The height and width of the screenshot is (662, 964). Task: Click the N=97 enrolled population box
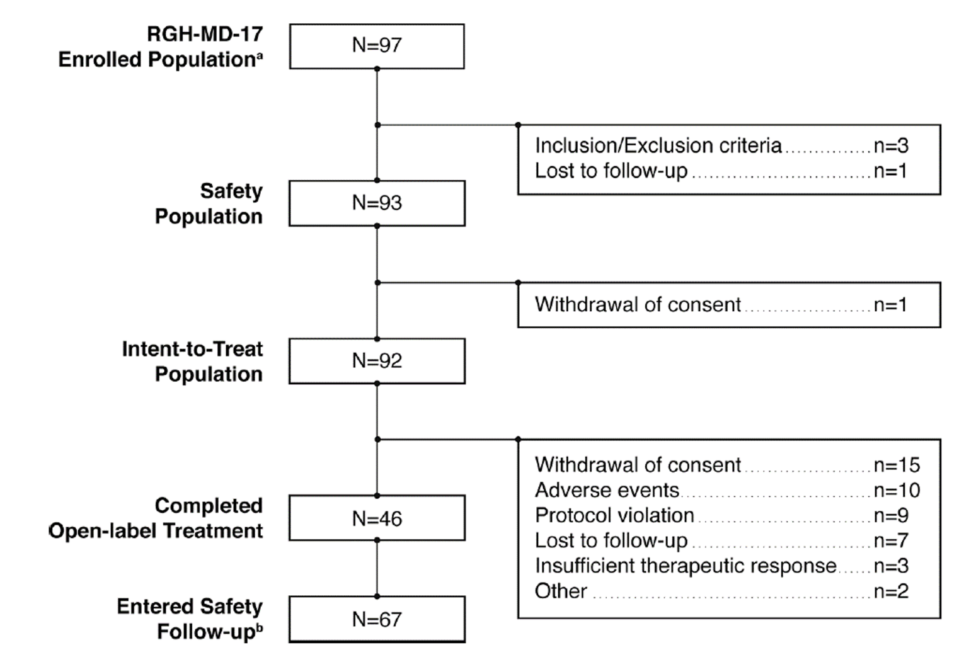click(377, 46)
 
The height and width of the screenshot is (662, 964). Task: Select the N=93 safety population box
click(377, 203)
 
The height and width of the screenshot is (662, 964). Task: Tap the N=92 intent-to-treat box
click(377, 361)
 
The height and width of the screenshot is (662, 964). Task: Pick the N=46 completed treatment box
click(377, 518)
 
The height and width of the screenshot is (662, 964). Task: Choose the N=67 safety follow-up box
click(377, 619)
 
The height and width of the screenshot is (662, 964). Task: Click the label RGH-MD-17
click(204, 33)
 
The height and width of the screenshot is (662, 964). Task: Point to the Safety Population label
click(209, 203)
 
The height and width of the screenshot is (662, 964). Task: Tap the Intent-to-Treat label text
click(192, 349)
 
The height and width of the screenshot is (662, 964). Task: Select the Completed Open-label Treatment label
click(156, 518)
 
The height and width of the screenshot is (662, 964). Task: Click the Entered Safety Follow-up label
click(190, 619)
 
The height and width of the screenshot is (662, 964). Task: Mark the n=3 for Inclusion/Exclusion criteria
click(890, 146)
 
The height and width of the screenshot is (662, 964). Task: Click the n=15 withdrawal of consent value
click(896, 465)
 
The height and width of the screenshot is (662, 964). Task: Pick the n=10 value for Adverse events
click(896, 490)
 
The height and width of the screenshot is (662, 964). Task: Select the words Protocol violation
click(614, 515)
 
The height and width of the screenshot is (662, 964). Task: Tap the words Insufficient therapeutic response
click(686, 566)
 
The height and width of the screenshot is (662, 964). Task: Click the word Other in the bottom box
click(561, 591)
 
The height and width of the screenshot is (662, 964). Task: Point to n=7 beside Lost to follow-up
click(890, 540)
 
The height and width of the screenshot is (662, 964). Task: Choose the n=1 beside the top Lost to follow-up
click(890, 171)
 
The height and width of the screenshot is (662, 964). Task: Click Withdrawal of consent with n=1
click(638, 305)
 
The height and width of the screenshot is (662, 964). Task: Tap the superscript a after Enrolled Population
click(259, 55)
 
